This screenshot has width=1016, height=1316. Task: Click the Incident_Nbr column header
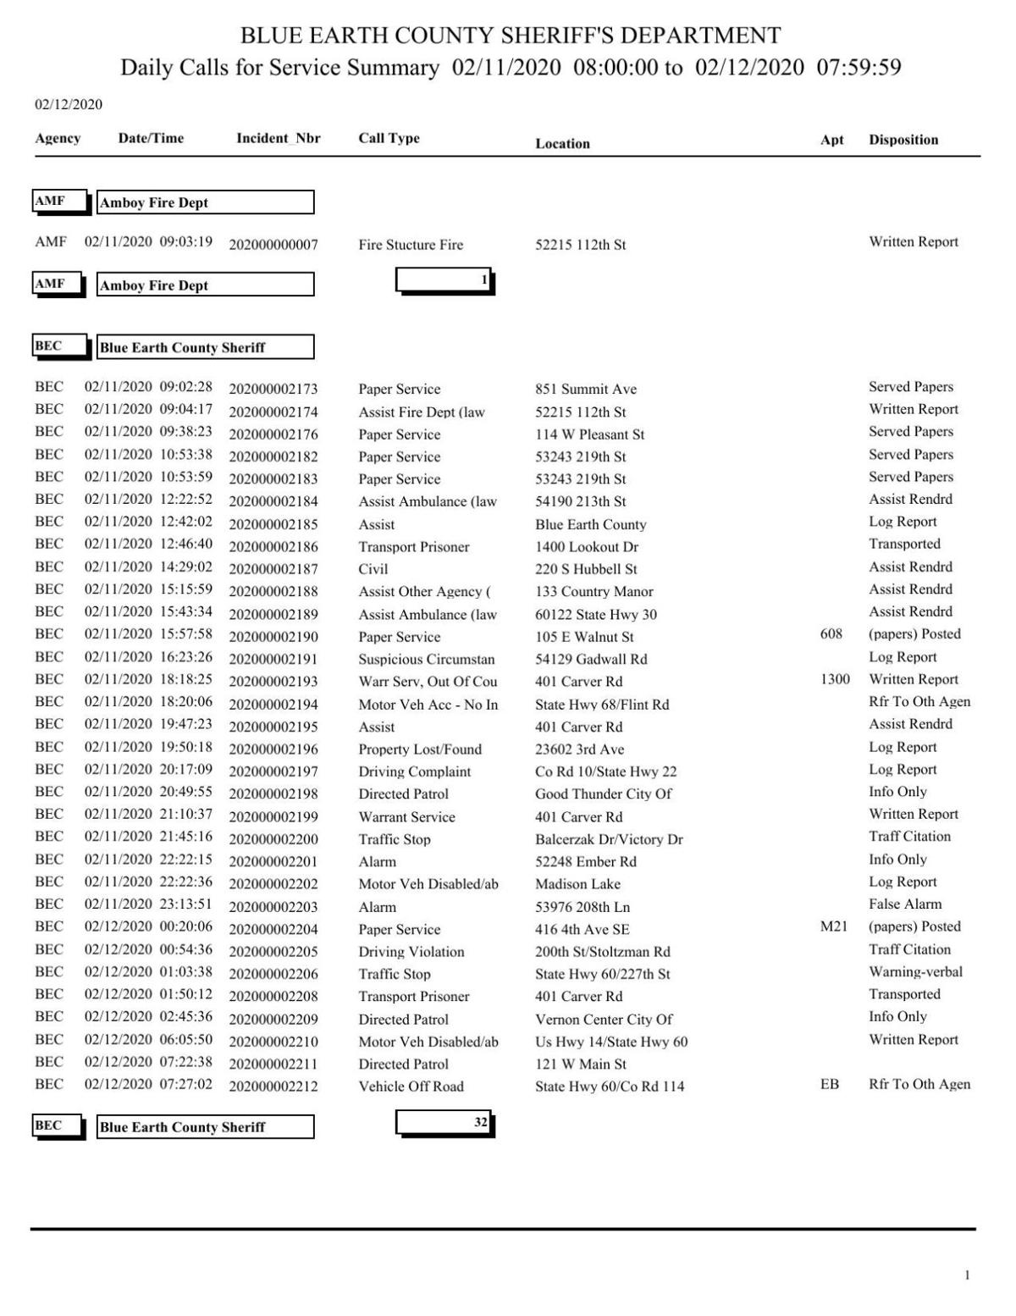[278, 138]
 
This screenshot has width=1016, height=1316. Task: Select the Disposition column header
[903, 140]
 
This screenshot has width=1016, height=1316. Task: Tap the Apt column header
[831, 140]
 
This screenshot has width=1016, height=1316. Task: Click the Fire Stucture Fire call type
[411, 245]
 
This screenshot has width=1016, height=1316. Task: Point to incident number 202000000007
[273, 245]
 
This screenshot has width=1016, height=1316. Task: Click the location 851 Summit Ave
[586, 389]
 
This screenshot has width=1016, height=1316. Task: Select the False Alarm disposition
[905, 904]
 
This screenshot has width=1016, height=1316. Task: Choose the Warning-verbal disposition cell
[915, 971]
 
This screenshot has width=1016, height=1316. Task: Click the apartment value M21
[834, 926]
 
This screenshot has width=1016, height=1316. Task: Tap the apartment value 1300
[835, 679]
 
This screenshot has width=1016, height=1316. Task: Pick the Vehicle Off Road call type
[411, 1087]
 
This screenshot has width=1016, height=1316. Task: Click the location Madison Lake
[578, 883]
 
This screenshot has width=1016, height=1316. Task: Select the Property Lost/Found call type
[420, 749]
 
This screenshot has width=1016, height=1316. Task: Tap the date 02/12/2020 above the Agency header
[69, 104]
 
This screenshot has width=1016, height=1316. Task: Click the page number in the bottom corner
[967, 1275]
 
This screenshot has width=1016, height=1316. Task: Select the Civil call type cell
[373, 569]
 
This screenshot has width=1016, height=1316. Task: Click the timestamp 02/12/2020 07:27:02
[148, 1084]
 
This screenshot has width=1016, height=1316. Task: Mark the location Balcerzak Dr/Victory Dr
[609, 839]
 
